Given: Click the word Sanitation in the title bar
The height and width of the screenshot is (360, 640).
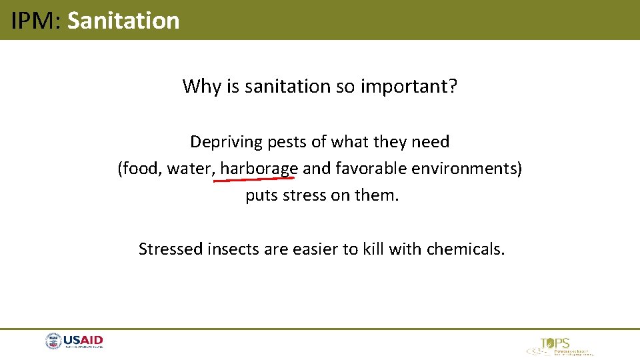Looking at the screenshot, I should tap(123, 21).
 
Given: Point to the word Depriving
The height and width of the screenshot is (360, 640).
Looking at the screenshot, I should tap(223, 142).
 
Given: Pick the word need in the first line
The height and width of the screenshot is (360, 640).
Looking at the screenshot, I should tap(431, 142).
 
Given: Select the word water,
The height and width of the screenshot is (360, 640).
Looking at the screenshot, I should tap(191, 169).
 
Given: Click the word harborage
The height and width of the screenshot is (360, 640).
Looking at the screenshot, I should tap(259, 169).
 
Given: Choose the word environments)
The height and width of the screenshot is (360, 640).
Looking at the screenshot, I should tap(467, 169).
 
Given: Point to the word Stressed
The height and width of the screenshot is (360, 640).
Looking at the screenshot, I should tap(171, 249).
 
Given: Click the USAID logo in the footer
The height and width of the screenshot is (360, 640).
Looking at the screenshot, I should tap(75, 342).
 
